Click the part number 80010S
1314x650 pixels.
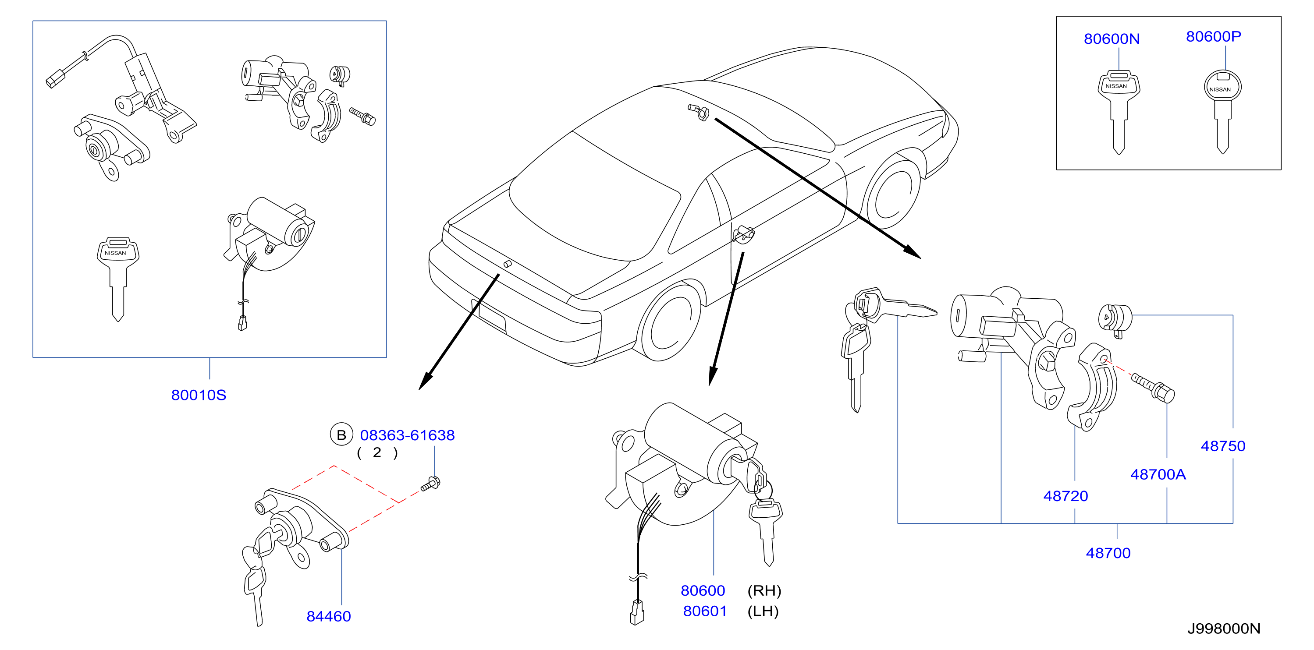pyautogui.click(x=199, y=395)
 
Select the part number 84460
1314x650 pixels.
pyautogui.click(x=329, y=616)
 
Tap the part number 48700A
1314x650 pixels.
pyautogui.click(x=1158, y=475)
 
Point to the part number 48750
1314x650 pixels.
pyautogui.click(x=1223, y=446)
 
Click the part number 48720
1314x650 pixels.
pyautogui.click(x=1065, y=496)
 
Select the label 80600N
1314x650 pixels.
pyautogui.click(x=1112, y=39)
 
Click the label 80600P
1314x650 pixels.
pyautogui.click(x=1214, y=36)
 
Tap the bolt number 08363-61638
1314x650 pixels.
pyautogui.click(x=407, y=435)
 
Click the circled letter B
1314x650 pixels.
pyautogui.click(x=341, y=435)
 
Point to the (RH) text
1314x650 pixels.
pyautogui.click(x=764, y=591)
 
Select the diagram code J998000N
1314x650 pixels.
pyautogui.click(x=1224, y=629)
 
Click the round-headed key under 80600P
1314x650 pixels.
pyautogui.click(x=1222, y=112)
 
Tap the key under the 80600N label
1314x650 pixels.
pyautogui.click(x=1119, y=113)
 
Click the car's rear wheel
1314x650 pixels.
pyautogui.click(x=669, y=321)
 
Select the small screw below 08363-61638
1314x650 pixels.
pyautogui.click(x=430, y=484)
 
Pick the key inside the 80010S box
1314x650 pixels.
pyautogui.click(x=118, y=279)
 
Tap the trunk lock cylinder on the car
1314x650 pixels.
pyautogui.click(x=508, y=264)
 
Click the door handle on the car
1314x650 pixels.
pyautogui.click(x=743, y=234)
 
